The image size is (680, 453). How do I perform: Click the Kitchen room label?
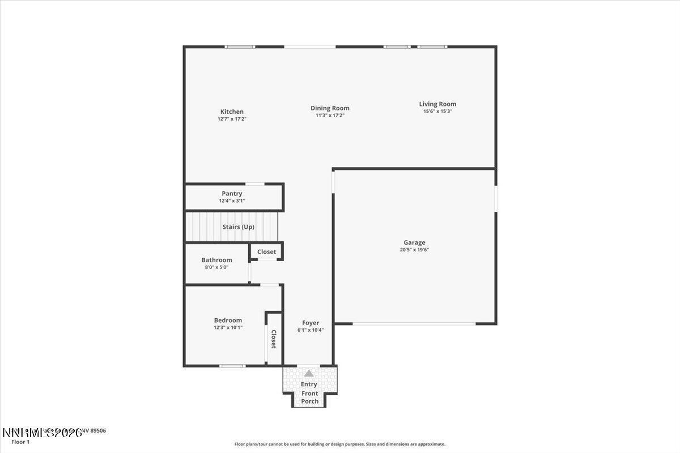tap(232, 112)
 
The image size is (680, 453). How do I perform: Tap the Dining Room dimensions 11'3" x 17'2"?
tap(330, 116)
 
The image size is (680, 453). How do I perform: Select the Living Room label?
tap(437, 104)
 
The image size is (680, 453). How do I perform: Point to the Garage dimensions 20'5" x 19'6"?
tap(414, 250)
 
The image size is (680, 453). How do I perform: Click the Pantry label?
tap(232, 194)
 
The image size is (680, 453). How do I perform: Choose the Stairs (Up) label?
tap(238, 226)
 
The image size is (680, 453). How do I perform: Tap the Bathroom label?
tap(216, 260)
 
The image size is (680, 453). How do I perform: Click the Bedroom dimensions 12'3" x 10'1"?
tap(228, 327)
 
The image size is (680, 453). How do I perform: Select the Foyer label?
tap(311, 323)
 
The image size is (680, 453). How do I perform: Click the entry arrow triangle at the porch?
tap(309, 374)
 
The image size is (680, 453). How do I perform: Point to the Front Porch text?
tap(310, 398)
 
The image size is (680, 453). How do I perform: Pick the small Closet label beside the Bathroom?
tap(267, 251)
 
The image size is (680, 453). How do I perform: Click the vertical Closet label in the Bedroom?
tap(273, 339)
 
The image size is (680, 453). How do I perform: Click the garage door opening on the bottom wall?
tap(414, 323)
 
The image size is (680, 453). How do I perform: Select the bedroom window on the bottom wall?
tap(232, 366)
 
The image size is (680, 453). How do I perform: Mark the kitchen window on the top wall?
tap(240, 46)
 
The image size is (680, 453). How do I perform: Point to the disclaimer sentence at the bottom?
tap(340, 445)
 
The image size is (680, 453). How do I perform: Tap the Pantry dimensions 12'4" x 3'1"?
tap(232, 200)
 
